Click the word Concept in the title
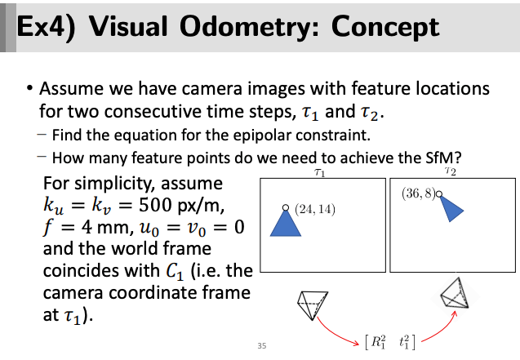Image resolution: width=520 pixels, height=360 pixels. click(x=385, y=26)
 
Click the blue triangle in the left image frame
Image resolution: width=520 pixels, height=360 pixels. click(x=286, y=224)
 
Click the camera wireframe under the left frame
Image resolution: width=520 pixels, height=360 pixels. click(x=313, y=305)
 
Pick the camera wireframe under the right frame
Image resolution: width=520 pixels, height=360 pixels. click(x=455, y=294)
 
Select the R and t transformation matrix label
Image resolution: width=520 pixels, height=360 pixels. click(x=390, y=342)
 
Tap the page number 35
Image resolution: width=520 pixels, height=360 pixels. click(x=262, y=346)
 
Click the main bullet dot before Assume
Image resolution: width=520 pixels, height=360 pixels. click(x=30, y=88)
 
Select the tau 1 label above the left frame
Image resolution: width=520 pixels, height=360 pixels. click(x=320, y=172)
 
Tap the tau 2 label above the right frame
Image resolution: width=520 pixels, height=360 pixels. click(x=451, y=171)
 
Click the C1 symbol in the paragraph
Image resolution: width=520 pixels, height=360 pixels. click(x=175, y=272)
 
